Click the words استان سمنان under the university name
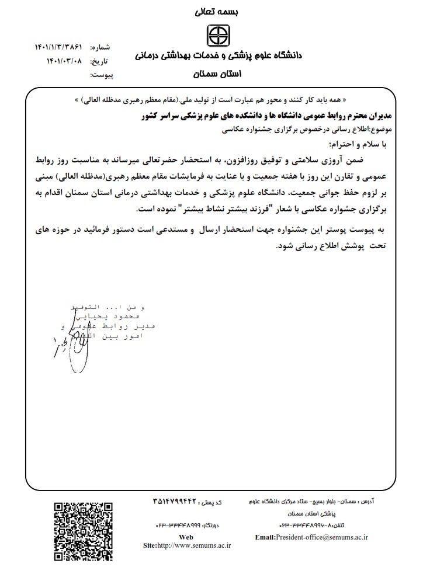point(212,75)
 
